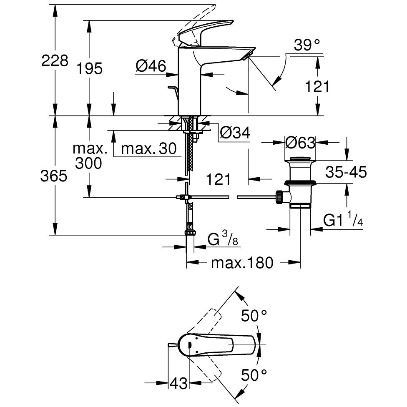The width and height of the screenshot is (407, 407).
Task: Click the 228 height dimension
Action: [55, 61]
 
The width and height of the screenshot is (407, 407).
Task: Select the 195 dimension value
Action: [90, 69]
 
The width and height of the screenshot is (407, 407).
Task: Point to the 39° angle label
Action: [307, 45]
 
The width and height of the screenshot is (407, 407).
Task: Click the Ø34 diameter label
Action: [235, 133]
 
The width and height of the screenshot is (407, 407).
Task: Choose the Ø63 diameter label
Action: [300, 143]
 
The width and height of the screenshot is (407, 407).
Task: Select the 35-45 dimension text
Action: [346, 172]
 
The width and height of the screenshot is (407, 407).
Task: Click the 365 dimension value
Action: [54, 176]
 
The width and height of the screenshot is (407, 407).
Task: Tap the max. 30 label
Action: [149, 149]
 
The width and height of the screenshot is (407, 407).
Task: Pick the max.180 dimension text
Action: [242, 263]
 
